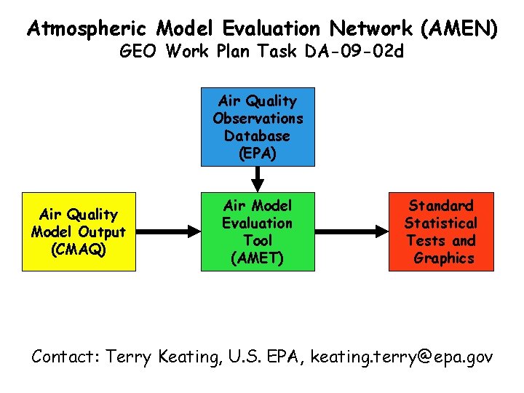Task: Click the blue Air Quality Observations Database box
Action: [258, 127]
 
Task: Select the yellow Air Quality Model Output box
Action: [79, 231]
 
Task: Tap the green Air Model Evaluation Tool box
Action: [258, 231]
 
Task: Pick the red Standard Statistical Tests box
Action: [441, 231]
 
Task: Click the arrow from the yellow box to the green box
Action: [167, 231]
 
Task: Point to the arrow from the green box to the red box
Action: [351, 231]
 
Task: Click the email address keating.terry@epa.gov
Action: [402, 357]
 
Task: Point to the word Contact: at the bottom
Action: [65, 357]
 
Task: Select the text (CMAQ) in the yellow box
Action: [78, 249]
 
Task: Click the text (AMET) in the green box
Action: [258, 258]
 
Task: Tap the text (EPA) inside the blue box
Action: [258, 153]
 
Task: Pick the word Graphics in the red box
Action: [443, 258]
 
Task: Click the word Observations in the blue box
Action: [258, 118]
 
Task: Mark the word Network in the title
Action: [370, 29]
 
